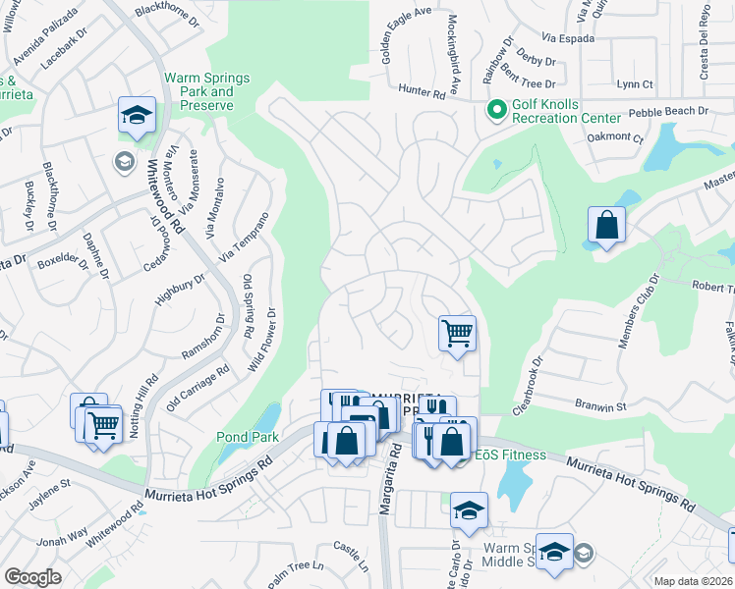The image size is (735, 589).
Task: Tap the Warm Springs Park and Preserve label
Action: tap(206, 92)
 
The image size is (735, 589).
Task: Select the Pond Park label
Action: tap(248, 437)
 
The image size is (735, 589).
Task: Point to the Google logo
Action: tap(32, 577)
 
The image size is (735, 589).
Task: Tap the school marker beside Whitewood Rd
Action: tap(138, 115)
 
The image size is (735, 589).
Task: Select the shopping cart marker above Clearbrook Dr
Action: tap(457, 333)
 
